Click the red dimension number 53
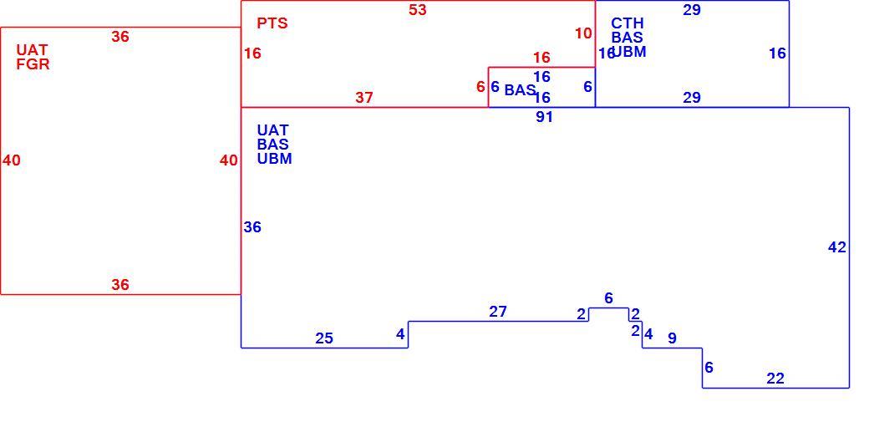click(x=417, y=10)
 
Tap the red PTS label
click(x=272, y=23)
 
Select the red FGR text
click(x=33, y=64)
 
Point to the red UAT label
click(x=32, y=50)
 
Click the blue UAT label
click(x=272, y=130)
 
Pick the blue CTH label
click(x=628, y=23)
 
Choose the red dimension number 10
click(x=583, y=33)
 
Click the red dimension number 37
click(x=364, y=98)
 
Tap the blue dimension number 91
click(x=544, y=117)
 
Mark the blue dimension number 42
click(x=837, y=247)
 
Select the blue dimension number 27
click(x=498, y=313)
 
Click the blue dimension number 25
click(x=324, y=338)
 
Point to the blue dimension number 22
click(x=775, y=379)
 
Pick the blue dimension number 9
click(x=672, y=338)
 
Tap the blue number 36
click(x=252, y=227)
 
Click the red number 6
click(x=480, y=87)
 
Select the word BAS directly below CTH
click(x=628, y=37)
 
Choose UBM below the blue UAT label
click(x=274, y=159)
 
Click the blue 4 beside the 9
click(x=648, y=334)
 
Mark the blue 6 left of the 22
click(x=709, y=368)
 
